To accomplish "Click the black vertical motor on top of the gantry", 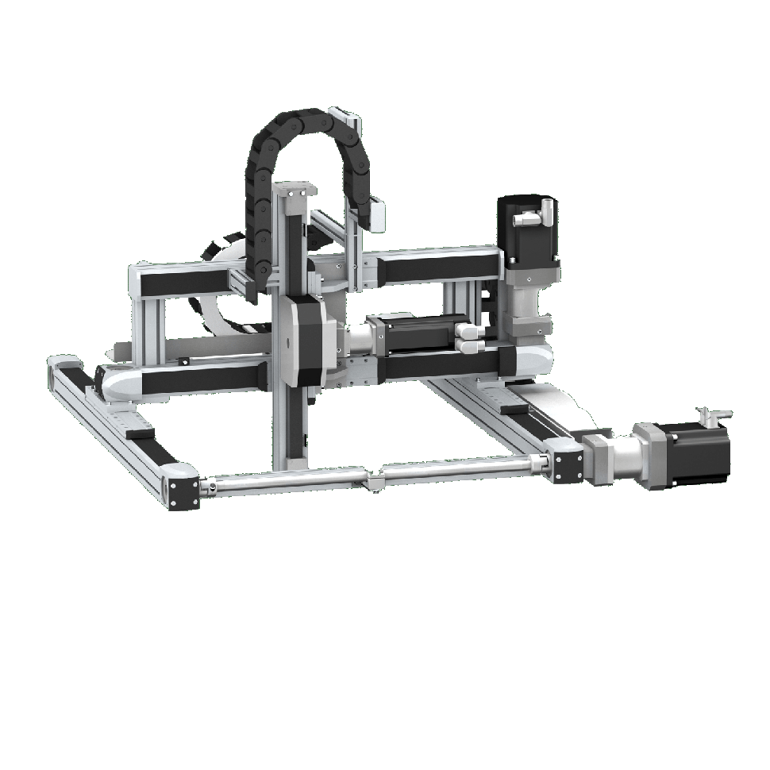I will coord(529,231).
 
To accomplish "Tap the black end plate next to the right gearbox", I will coord(566,464).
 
